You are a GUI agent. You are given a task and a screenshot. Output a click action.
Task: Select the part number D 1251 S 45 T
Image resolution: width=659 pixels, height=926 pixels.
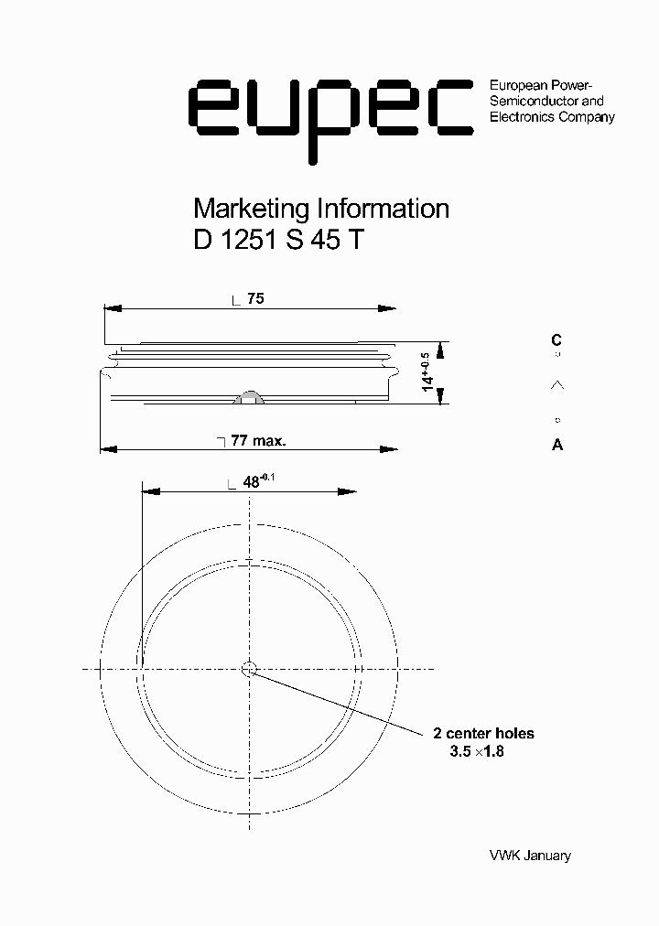[x=279, y=240]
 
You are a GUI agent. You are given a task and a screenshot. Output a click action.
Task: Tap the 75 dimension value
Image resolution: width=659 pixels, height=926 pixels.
[x=255, y=298]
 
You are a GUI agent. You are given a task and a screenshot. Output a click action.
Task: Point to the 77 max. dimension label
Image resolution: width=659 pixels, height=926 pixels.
[x=258, y=440]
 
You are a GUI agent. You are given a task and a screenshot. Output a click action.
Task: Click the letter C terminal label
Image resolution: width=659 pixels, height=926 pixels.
[x=556, y=340]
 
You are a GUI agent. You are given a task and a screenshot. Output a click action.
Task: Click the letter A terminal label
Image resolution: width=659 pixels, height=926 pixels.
[x=557, y=446]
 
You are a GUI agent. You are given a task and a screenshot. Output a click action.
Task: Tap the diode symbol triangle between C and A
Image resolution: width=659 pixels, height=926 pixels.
[x=556, y=386]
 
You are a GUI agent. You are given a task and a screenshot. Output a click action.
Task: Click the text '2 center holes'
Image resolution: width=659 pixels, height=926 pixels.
[x=483, y=733]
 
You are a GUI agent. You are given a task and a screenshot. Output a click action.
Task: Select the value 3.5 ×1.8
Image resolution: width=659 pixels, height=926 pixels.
[x=477, y=751]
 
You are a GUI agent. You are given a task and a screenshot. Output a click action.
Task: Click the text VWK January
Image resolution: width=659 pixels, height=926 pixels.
[x=530, y=856]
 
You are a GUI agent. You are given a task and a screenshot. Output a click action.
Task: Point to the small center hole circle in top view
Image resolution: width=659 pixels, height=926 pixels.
[x=248, y=669]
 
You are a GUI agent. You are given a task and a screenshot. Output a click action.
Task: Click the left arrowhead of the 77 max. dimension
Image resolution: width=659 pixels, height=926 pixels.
[x=106, y=448]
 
